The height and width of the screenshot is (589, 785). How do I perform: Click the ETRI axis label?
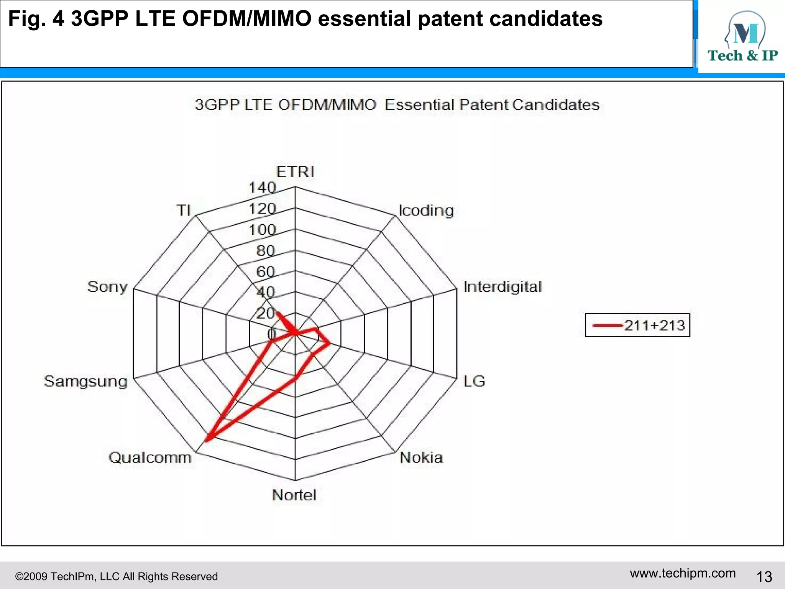point(295,172)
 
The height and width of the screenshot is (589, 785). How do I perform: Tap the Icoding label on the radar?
point(426,211)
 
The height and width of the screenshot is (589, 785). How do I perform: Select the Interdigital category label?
point(502,287)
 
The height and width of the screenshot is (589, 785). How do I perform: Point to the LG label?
point(474,381)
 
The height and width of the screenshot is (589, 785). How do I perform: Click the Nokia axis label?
point(421,457)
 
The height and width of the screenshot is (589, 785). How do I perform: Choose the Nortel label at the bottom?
point(294,495)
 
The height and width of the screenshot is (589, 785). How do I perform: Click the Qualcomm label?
point(150,457)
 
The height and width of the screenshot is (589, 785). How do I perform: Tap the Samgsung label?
point(85,381)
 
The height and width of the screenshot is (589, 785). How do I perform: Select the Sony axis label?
point(107,287)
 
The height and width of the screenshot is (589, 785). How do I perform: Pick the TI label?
point(183,210)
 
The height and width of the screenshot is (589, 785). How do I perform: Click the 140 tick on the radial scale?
point(263,188)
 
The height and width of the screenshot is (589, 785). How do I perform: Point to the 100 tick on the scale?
point(263,230)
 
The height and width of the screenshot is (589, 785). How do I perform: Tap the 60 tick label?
point(266,272)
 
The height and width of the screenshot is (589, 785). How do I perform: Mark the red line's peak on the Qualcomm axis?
point(207,440)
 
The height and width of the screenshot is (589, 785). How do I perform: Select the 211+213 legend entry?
point(654,326)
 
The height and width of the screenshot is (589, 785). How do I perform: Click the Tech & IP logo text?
point(742,56)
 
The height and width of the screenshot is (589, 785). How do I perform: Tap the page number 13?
point(764,577)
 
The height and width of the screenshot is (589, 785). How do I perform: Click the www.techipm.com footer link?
point(683,573)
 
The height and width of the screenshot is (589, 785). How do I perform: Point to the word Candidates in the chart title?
point(555,105)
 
